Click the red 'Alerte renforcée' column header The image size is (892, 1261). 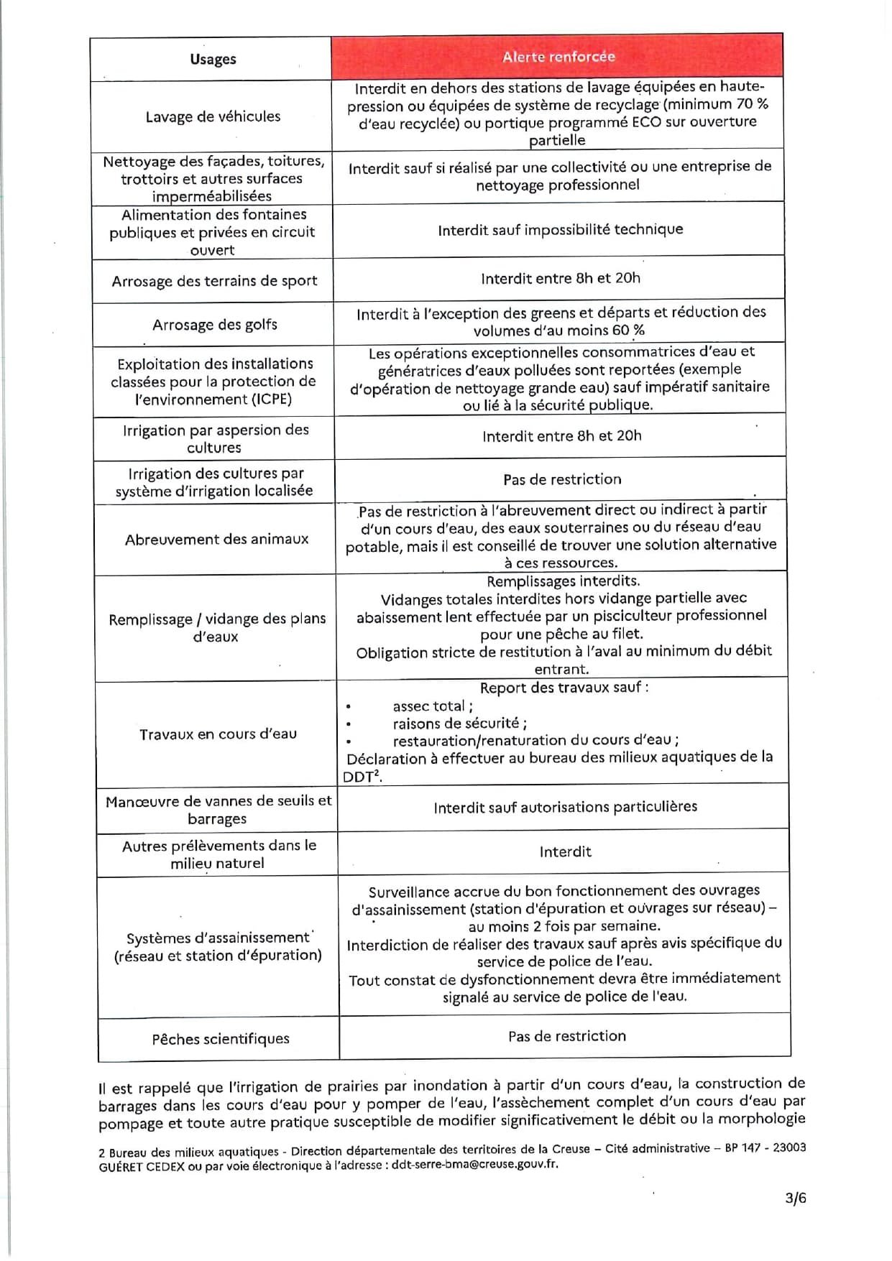coord(558,57)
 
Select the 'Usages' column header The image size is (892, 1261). coord(213,59)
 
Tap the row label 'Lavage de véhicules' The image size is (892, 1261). coord(213,116)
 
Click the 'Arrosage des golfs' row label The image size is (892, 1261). coord(214,325)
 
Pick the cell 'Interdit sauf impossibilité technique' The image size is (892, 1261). coord(560,230)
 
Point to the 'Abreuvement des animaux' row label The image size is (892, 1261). coord(216,540)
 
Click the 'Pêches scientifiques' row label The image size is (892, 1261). coord(221,1039)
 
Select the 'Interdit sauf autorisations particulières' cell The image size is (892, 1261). coord(565,807)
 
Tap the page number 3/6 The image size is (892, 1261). coord(795,1198)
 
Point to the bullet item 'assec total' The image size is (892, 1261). coord(432,706)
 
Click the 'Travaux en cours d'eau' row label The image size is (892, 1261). coord(218,734)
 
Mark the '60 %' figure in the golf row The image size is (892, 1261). coord(628,331)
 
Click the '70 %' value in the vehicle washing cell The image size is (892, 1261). coord(752,104)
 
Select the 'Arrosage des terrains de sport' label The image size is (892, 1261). coord(214,282)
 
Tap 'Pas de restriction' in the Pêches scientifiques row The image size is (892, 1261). coord(566,1036)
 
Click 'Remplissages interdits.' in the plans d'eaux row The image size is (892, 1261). coord(563,581)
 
